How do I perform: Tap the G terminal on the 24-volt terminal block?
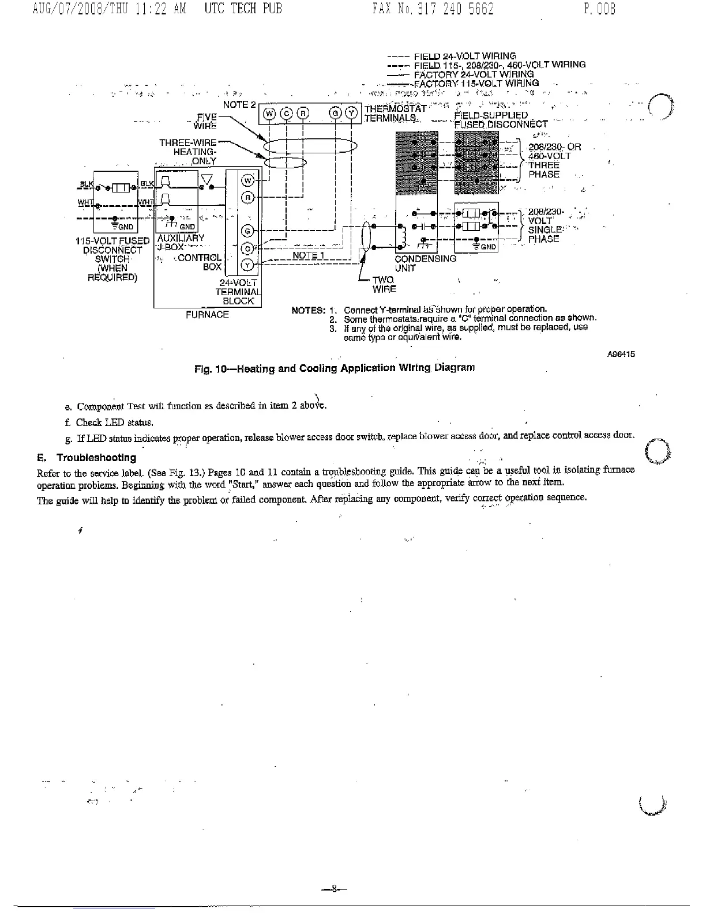247,231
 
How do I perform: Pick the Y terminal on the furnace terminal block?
247,265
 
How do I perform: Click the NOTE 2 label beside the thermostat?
239,105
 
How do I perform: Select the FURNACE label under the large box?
207,315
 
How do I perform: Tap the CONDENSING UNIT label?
425,263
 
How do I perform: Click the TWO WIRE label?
384,284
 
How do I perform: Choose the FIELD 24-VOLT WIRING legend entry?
465,56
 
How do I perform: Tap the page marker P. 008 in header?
599,10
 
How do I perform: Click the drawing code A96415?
621,354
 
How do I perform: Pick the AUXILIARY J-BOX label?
180,242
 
